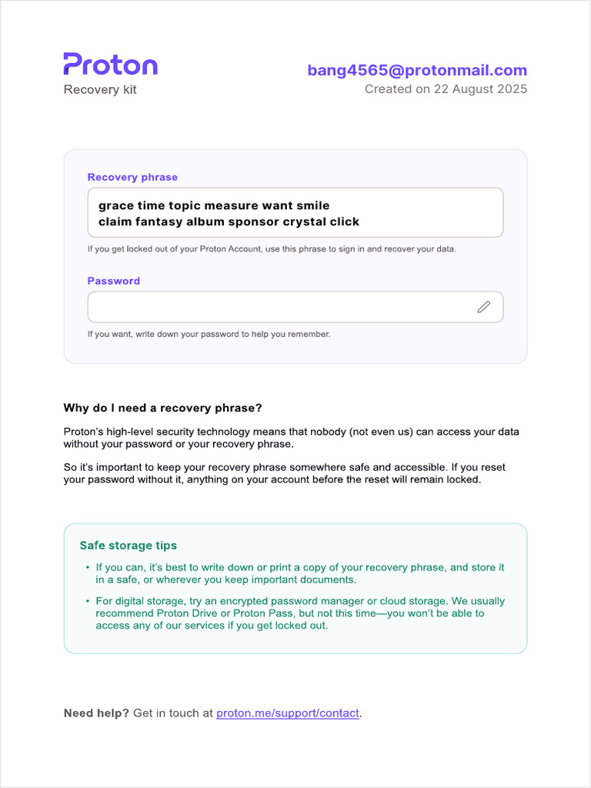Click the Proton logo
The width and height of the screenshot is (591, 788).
tap(110, 65)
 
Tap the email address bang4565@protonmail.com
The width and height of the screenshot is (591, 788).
tap(417, 70)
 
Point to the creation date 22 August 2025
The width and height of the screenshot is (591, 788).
tap(476, 89)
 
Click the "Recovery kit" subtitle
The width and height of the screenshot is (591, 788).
tap(100, 89)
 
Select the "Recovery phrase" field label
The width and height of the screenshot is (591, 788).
tap(132, 177)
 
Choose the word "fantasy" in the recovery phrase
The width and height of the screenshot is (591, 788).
tap(159, 222)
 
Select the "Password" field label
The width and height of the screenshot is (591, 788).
tap(114, 281)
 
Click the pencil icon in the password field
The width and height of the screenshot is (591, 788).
tap(483, 307)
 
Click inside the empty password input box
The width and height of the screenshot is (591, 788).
tap(277, 307)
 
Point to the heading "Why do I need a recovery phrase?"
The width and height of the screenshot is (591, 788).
tap(162, 408)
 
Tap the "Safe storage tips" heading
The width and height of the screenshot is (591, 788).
tap(129, 546)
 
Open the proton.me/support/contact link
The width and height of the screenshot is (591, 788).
tap(288, 713)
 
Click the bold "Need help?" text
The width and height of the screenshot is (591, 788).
tap(96, 713)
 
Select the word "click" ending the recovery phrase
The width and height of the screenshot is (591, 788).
tap(344, 222)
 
